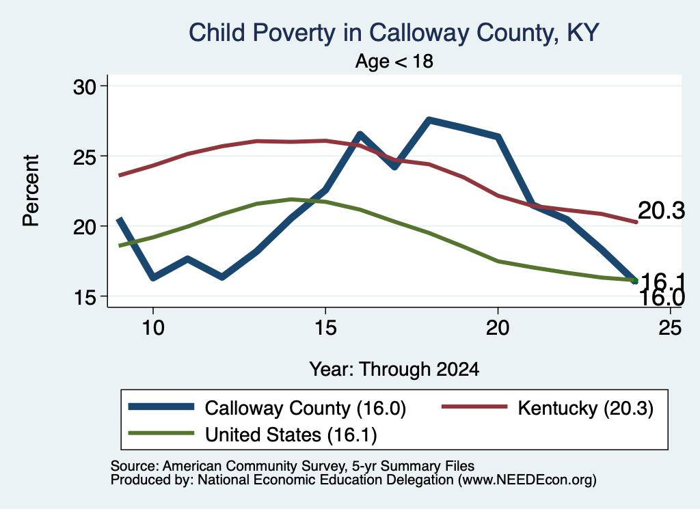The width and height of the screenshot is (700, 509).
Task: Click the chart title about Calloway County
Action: [394, 33]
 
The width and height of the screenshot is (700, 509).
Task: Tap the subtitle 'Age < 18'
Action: [394, 61]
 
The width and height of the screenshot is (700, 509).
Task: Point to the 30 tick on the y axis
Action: [85, 87]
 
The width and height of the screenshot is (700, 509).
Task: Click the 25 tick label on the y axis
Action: [85, 156]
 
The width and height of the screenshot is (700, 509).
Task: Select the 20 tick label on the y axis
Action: [85, 227]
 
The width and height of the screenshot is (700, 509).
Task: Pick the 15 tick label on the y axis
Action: [85, 297]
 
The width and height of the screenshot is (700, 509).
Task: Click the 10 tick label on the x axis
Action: [153, 328]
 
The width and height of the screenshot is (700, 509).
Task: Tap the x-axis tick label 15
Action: [325, 328]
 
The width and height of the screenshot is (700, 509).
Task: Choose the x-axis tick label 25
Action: [670, 328]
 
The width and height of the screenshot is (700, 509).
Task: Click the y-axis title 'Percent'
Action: [31, 191]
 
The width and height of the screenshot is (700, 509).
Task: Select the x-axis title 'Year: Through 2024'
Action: [394, 370]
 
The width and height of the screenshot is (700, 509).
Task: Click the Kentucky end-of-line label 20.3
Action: [661, 210]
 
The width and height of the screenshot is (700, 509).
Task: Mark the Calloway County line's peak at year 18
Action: [429, 120]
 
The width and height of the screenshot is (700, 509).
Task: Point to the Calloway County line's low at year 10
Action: [153, 277]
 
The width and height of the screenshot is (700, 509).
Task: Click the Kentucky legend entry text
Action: [586, 408]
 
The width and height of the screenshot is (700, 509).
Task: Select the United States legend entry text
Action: [291, 435]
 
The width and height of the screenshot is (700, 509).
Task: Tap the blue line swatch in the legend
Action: [161, 407]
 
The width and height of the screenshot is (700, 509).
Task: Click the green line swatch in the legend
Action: [161, 433]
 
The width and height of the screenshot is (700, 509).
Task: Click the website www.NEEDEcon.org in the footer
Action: [527, 480]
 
